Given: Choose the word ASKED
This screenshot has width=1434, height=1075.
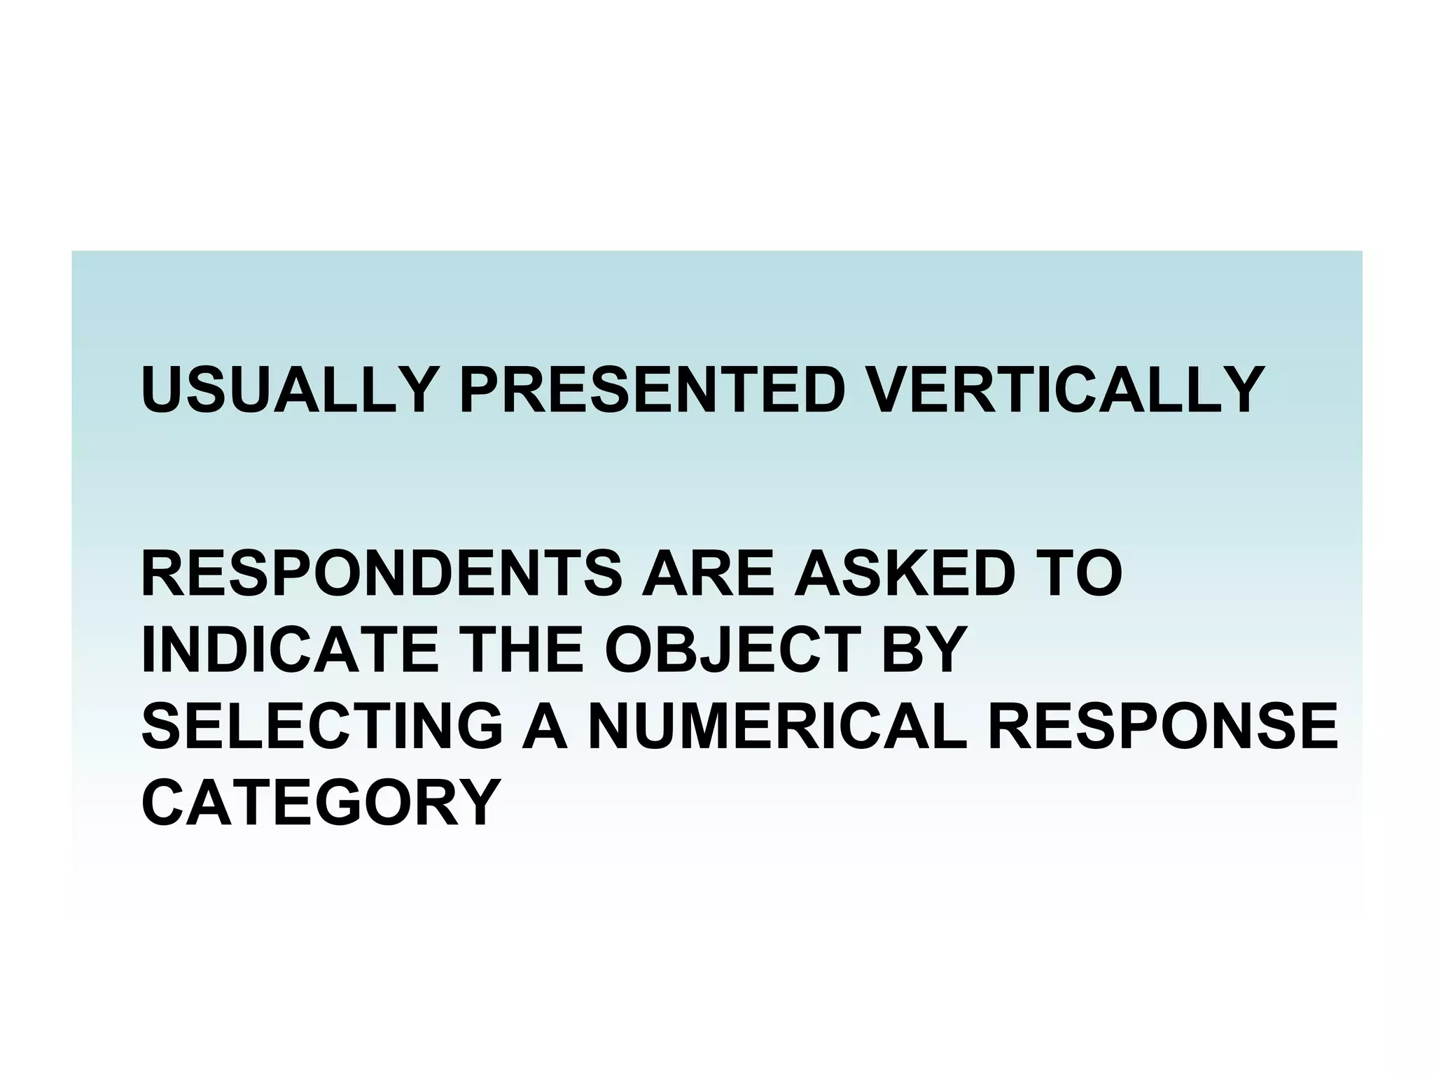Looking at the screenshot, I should (x=903, y=573).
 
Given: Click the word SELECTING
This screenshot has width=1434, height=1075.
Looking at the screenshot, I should (x=322, y=726).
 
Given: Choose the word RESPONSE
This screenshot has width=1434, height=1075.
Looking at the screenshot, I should (x=1162, y=726).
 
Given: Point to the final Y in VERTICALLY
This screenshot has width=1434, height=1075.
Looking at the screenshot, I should (x=1241, y=389).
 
